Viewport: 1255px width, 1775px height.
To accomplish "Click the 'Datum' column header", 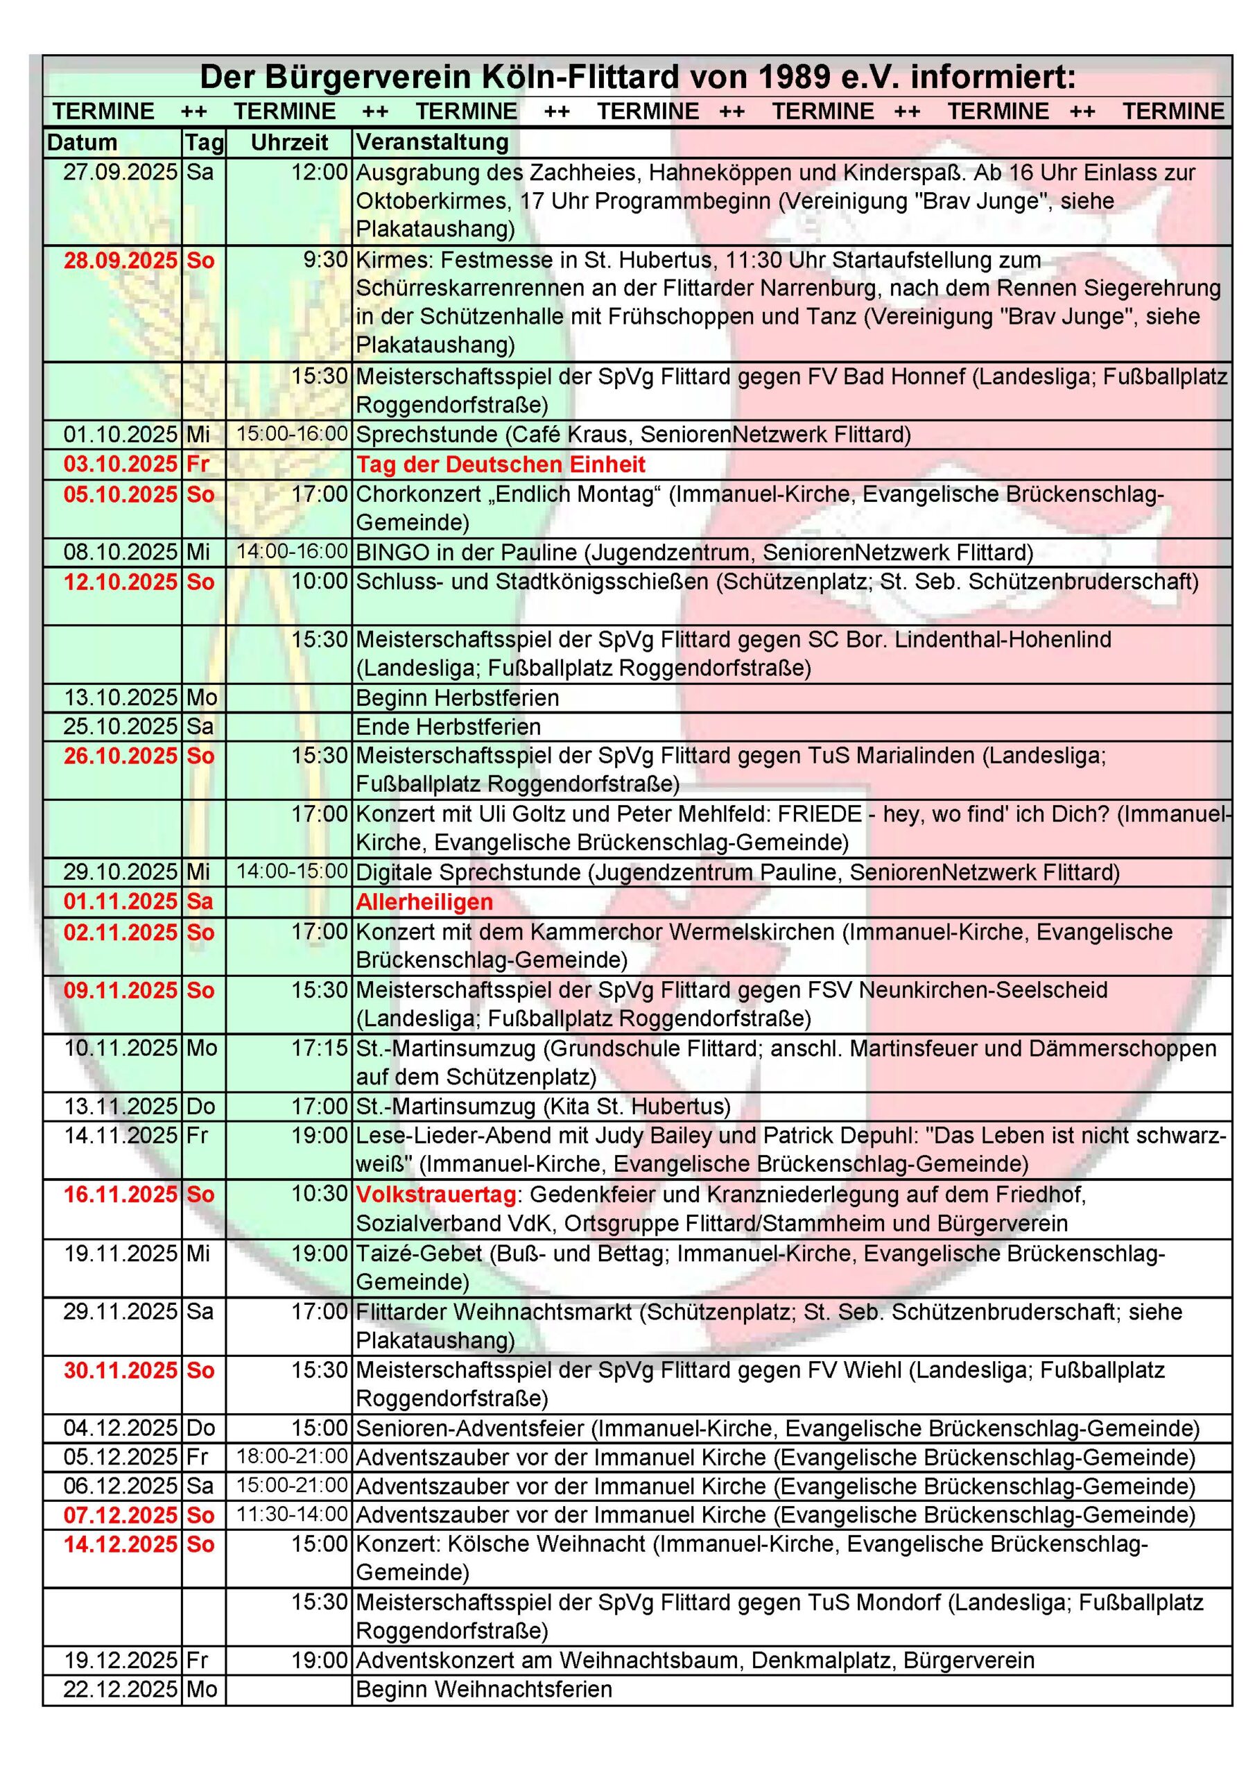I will [x=82, y=143].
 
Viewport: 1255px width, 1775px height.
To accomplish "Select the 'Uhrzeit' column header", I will [x=289, y=143].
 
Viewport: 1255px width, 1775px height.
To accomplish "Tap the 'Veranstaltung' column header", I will [x=432, y=142].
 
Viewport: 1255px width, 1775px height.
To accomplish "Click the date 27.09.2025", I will [x=121, y=172].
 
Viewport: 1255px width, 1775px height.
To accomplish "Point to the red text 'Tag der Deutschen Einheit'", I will [x=501, y=464].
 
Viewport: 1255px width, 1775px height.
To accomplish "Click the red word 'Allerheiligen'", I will [x=424, y=901].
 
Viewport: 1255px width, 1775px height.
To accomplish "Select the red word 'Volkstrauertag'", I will [x=436, y=1195].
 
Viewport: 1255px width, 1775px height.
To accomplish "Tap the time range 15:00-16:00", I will [x=293, y=434].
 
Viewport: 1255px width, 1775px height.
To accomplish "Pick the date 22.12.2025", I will [x=121, y=1689].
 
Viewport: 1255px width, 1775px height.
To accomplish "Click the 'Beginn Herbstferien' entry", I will [x=457, y=698].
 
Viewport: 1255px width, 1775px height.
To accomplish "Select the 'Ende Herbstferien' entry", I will [x=448, y=727].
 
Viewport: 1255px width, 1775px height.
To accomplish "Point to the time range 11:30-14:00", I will [x=293, y=1514].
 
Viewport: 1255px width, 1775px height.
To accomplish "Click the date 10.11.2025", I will [x=121, y=1048].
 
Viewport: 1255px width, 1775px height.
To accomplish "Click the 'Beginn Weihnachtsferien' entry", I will [x=483, y=1689].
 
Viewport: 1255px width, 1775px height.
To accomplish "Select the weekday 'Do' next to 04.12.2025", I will [x=200, y=1428].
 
